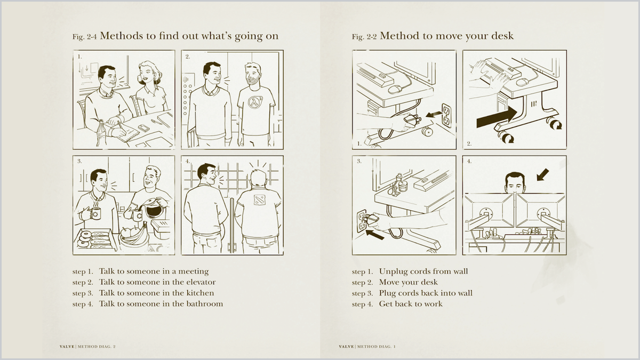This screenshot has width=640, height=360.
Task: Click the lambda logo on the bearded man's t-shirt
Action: click(x=255, y=102)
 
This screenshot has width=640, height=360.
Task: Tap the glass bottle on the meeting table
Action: click(x=102, y=133)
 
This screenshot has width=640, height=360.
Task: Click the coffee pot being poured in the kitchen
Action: click(x=154, y=209)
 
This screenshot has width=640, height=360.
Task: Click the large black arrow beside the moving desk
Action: click(x=497, y=117)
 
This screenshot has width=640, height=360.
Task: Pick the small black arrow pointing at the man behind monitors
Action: click(x=542, y=174)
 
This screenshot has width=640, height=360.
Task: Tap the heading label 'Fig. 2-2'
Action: click(x=364, y=37)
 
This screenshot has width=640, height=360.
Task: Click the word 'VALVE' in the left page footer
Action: click(x=67, y=347)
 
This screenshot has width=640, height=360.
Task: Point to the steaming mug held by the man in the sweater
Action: click(x=95, y=214)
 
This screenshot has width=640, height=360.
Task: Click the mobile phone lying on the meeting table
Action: click(x=143, y=127)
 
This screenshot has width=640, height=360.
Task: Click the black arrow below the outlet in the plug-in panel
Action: click(x=375, y=235)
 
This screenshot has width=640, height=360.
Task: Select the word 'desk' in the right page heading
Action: click(x=502, y=36)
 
